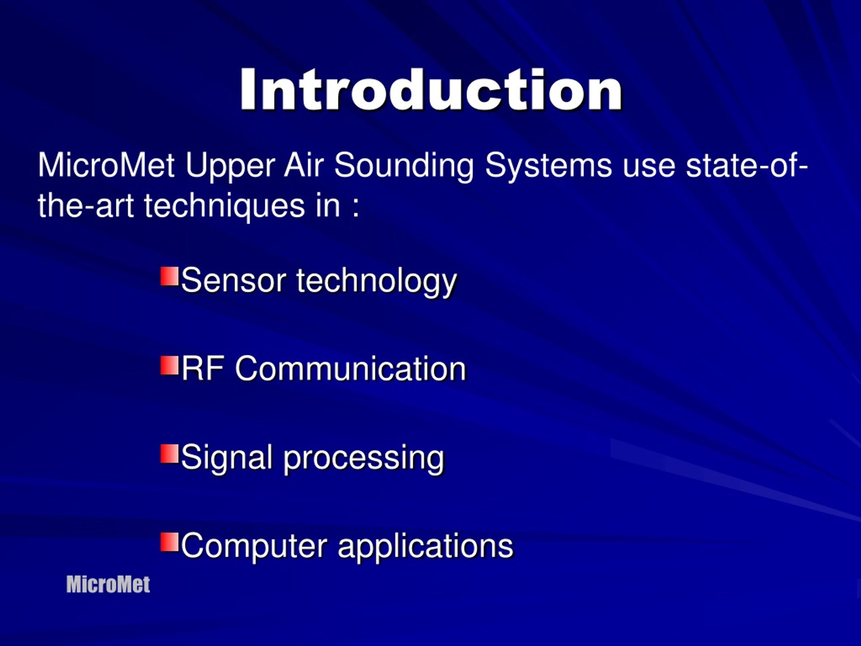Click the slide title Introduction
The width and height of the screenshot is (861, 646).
431,90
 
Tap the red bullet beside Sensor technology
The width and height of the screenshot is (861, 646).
169,277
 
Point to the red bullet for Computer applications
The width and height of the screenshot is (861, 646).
169,542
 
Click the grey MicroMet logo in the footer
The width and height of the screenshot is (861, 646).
108,584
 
